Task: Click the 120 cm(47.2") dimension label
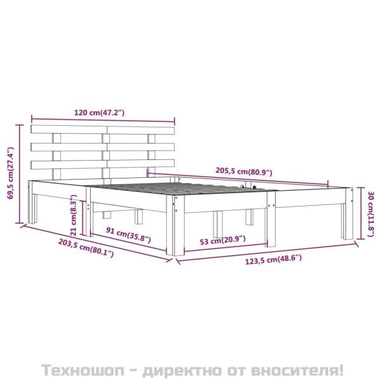pyautogui.click(x=99, y=113)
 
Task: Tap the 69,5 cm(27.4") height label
pyautogui.click(x=11, y=173)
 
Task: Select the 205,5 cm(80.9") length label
pyautogui.click(x=244, y=171)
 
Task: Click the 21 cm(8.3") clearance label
pyautogui.click(x=74, y=215)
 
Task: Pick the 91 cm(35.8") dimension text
pyautogui.click(x=128, y=235)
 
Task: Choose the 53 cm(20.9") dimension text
pyautogui.click(x=222, y=240)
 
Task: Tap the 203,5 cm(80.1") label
pyautogui.click(x=86, y=248)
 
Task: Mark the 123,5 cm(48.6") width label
pyautogui.click(x=273, y=259)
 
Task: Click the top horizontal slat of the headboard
pyautogui.click(x=103, y=130)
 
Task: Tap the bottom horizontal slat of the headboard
pyautogui.click(x=103, y=164)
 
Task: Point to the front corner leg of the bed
pyautogui.click(x=176, y=225)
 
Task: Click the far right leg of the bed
pyautogui.click(x=347, y=213)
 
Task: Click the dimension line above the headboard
pyautogui.click(x=103, y=120)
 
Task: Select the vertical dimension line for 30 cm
pyautogui.click(x=361, y=213)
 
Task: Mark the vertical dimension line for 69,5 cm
pyautogui.click(x=20, y=174)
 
